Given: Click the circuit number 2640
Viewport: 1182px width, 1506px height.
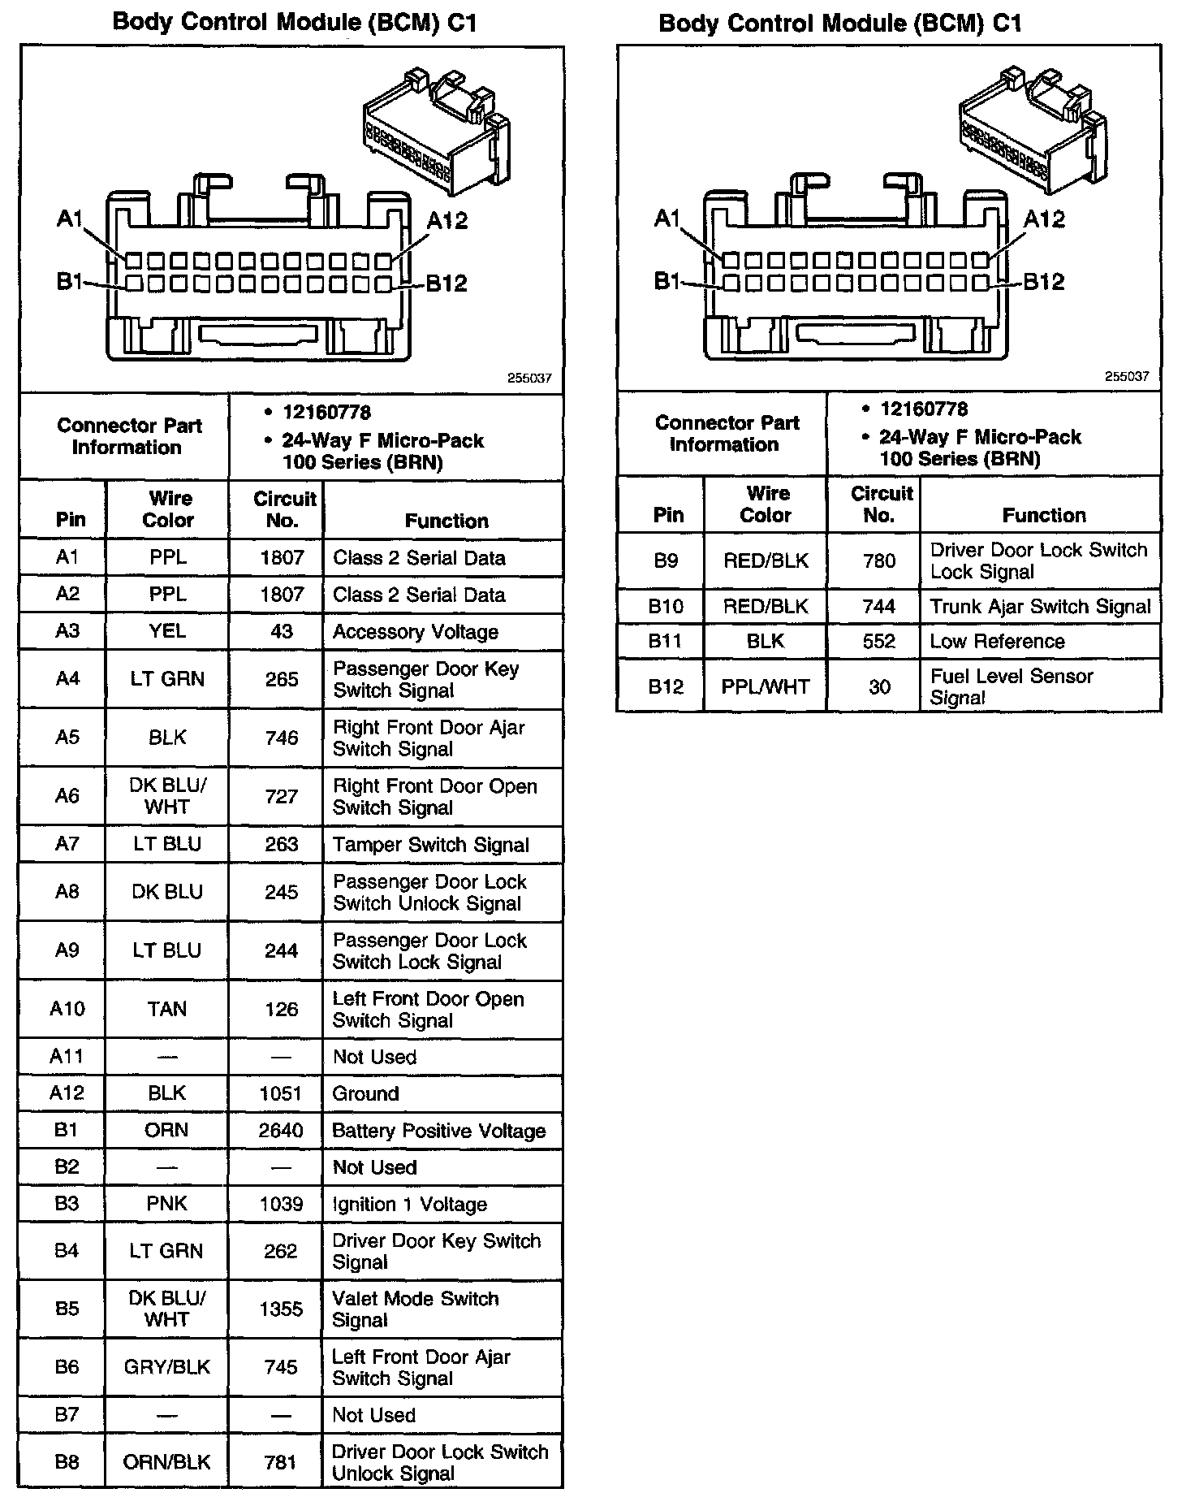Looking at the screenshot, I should [x=281, y=1131].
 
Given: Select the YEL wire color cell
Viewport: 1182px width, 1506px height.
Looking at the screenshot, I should [x=167, y=631].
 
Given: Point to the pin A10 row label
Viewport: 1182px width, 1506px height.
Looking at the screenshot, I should [x=67, y=1009].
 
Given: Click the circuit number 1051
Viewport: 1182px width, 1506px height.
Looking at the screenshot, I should [x=281, y=1093].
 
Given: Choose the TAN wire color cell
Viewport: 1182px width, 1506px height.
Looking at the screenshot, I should [x=167, y=1009].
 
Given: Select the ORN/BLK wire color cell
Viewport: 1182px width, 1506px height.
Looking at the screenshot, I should [x=166, y=1462].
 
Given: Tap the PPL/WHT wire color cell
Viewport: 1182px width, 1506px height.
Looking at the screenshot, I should [x=766, y=687].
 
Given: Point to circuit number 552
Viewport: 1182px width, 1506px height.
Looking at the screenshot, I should [x=879, y=642].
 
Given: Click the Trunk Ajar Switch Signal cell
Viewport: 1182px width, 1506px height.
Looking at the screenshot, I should [x=1040, y=607].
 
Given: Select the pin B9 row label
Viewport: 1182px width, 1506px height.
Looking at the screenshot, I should [x=666, y=560].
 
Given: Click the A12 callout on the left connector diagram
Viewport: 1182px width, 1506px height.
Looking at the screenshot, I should [x=447, y=221].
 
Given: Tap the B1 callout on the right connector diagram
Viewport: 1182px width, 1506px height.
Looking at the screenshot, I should [x=666, y=281].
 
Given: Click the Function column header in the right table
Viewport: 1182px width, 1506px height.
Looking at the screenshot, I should [x=1044, y=515].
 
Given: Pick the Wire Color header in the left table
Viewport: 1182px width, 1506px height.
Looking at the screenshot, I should [x=169, y=509].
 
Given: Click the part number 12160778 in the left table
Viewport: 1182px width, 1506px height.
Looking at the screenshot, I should [x=326, y=413].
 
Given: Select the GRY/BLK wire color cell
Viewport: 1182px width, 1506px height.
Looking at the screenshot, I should [x=166, y=1367].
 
